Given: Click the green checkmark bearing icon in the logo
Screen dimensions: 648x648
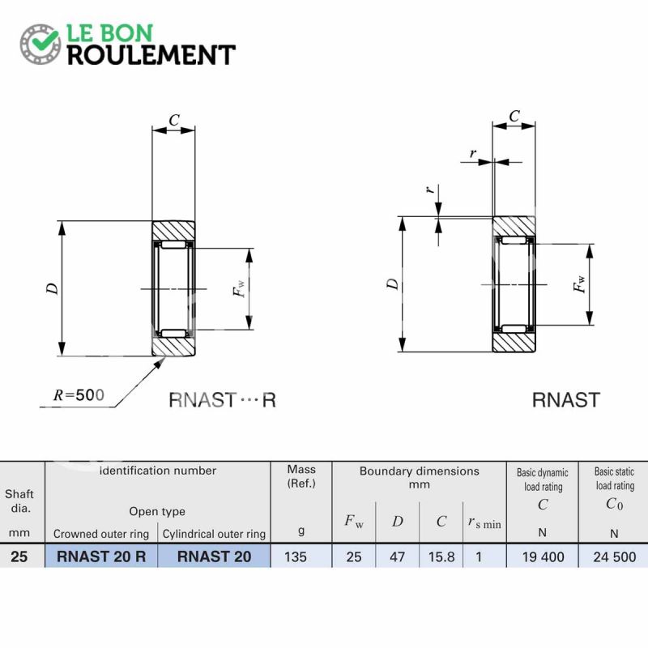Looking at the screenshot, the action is click(40, 44).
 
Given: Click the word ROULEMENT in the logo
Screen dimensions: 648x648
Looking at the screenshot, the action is click(151, 55).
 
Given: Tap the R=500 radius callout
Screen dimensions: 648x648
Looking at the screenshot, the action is click(79, 395).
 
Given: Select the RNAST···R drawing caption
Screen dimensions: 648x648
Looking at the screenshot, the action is click(222, 400).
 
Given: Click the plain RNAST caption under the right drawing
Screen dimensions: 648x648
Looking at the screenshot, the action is click(565, 400).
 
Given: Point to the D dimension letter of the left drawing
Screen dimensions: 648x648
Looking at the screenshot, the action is click(52, 288).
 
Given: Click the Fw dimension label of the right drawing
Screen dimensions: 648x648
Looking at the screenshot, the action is click(579, 284).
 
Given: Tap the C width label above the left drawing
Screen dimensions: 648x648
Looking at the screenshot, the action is click(174, 120).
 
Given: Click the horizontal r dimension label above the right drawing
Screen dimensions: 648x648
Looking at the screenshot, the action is click(473, 153).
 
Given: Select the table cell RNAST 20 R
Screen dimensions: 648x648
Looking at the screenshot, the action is click(101, 556).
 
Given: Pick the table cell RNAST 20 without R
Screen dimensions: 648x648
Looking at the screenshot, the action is click(214, 556).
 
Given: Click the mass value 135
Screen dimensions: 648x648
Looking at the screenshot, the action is click(296, 556).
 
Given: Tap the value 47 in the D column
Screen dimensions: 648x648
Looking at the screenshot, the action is click(397, 556).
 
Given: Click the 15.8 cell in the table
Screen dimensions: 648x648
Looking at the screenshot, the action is click(441, 556).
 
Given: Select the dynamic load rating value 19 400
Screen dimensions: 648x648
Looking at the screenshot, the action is click(543, 556).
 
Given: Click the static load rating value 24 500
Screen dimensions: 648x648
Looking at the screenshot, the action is click(615, 556).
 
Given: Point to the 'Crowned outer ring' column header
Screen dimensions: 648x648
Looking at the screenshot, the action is click(100, 534).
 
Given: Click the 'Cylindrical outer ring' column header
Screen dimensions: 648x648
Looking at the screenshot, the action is click(214, 534).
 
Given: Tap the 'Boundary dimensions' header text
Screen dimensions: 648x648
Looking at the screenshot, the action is click(419, 471).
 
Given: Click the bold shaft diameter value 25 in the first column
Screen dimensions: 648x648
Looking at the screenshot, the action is click(19, 556).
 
